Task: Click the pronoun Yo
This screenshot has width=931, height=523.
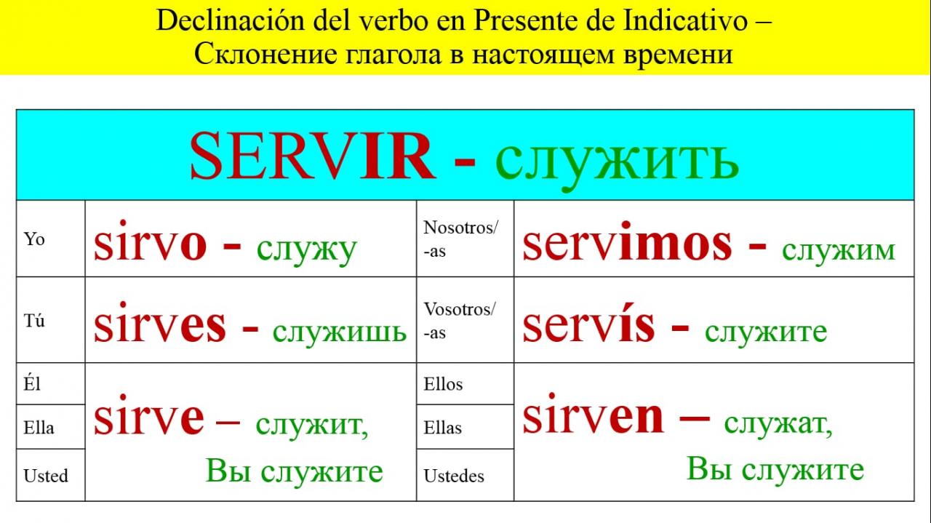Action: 34,239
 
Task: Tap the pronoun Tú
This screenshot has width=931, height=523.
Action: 34,321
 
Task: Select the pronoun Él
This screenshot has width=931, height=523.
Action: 32,383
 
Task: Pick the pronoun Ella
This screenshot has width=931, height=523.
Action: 39,428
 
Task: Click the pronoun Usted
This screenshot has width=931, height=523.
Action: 46,476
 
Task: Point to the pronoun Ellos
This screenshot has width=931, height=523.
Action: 443,384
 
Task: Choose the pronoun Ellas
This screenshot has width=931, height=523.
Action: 443,428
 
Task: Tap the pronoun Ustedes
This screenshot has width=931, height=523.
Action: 454,476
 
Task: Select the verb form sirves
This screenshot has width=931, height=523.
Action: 160,323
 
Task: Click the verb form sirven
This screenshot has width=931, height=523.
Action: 593,414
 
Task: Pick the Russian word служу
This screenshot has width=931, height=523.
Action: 307,250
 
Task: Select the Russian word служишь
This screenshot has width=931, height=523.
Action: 339,332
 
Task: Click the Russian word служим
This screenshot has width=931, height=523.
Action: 839,251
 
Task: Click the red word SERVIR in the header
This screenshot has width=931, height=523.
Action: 313,156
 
